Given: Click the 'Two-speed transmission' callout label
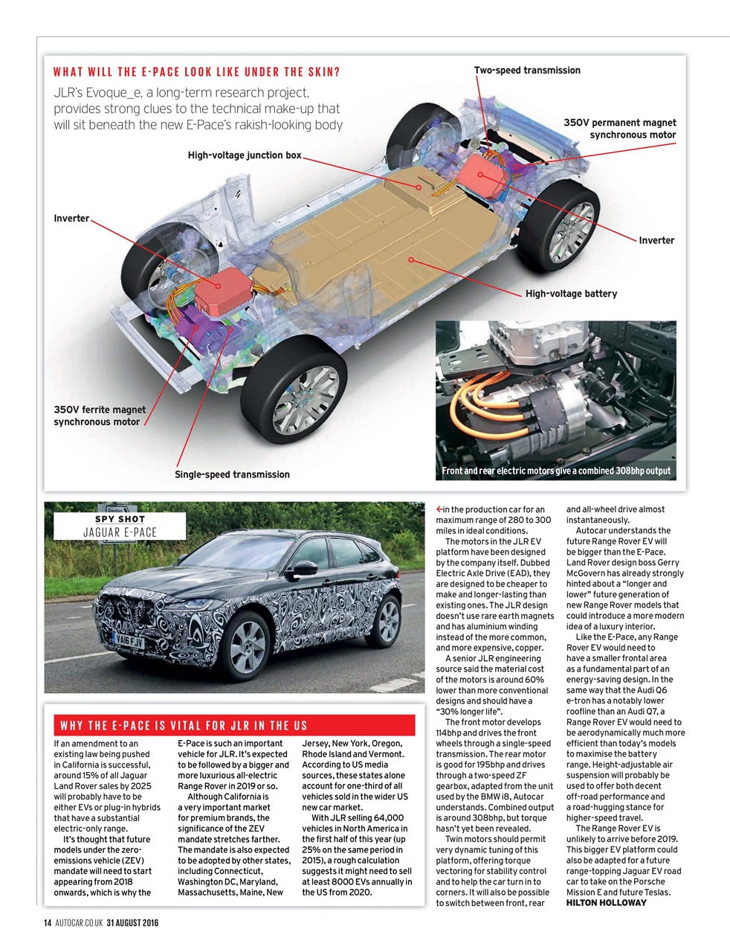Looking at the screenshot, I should pyautogui.click(x=527, y=70).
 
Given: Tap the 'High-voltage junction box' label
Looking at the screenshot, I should pyautogui.click(x=245, y=155).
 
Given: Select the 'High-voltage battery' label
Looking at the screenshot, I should pyautogui.click(x=571, y=294).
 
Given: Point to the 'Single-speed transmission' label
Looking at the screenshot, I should pyautogui.click(x=232, y=475).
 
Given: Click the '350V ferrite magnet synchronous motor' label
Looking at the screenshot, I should pyautogui.click(x=100, y=416).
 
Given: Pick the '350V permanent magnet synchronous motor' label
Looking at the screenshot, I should pyautogui.click(x=620, y=129).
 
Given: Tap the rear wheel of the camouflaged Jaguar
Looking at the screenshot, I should pyautogui.click(x=386, y=619).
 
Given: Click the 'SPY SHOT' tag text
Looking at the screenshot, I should pyautogui.click(x=120, y=519).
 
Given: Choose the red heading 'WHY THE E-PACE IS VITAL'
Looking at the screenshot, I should pyautogui.click(x=184, y=726).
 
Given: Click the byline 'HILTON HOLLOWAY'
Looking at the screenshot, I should pyautogui.click(x=606, y=903).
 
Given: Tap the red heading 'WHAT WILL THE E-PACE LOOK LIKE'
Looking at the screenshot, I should pyautogui.click(x=197, y=72).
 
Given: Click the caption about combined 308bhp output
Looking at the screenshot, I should pyautogui.click(x=556, y=471).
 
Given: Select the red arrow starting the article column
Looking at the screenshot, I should pyautogui.click(x=439, y=509).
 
